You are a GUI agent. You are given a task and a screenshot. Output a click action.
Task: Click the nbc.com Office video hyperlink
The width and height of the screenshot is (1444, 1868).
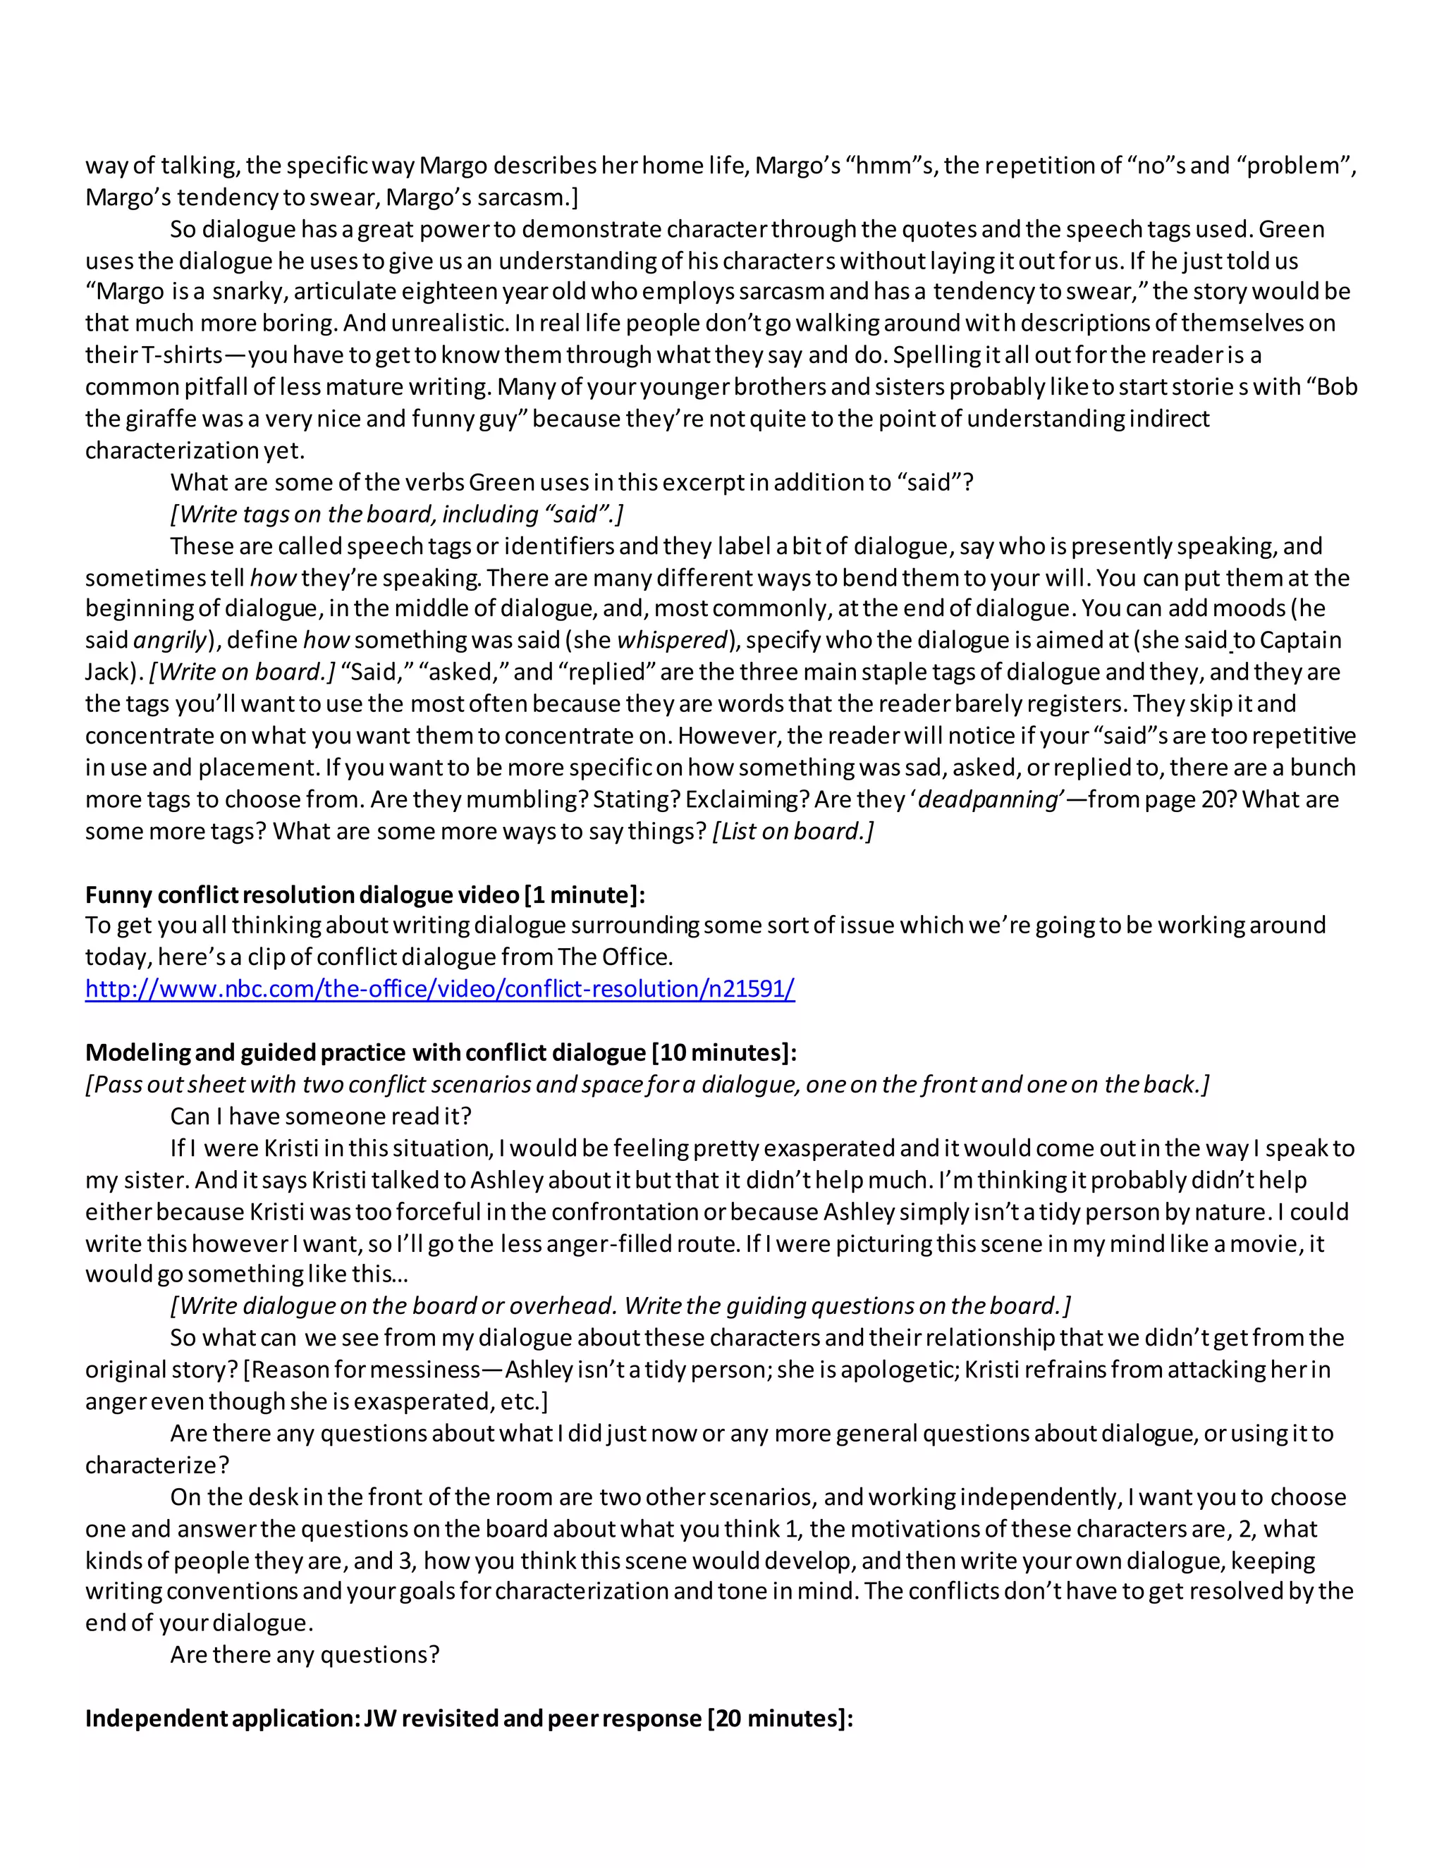(440, 989)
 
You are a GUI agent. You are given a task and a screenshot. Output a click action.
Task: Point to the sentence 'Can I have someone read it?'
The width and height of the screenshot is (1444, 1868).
(321, 1116)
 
